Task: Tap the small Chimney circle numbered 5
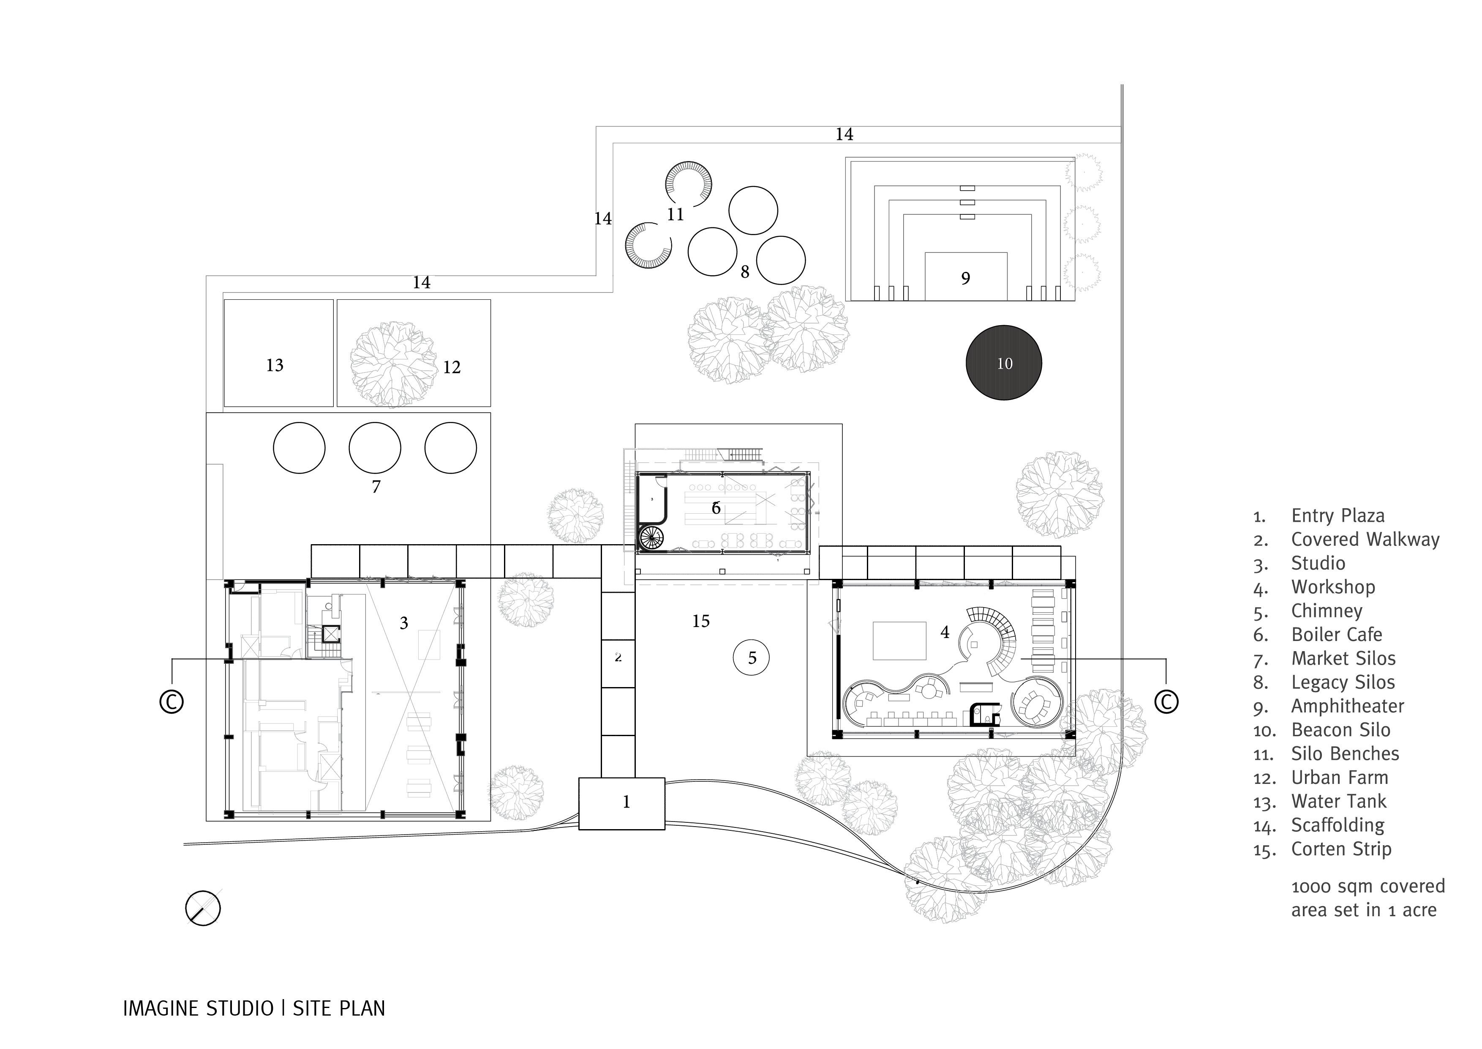[751, 657]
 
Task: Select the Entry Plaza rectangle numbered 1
[621, 803]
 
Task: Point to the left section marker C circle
[172, 702]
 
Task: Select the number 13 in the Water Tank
[275, 366]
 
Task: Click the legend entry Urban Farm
[1339, 778]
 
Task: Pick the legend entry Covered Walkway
[1365, 540]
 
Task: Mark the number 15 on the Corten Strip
[700, 622]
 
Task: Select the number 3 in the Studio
[403, 623]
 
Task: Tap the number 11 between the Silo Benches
[675, 214]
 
